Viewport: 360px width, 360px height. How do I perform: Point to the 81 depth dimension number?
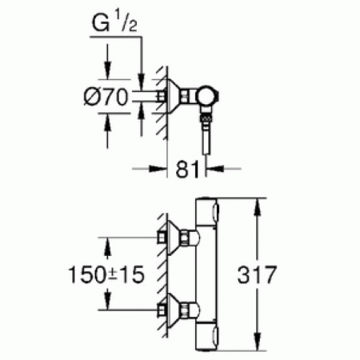[x=186, y=169]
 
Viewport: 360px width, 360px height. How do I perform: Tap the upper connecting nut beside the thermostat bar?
[x=190, y=238]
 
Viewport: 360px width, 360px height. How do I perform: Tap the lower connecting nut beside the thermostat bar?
[x=190, y=308]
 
